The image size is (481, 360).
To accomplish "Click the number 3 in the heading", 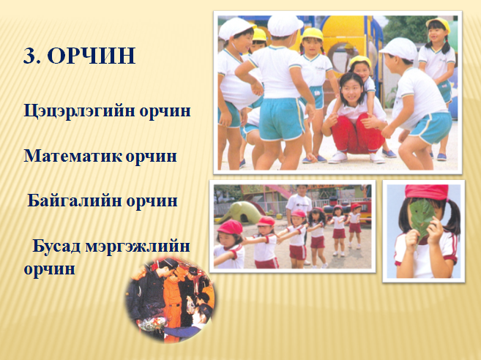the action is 30,56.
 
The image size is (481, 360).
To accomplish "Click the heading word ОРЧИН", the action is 92,56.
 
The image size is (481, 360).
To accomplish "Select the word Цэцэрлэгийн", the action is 79,110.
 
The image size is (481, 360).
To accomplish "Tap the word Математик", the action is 73,156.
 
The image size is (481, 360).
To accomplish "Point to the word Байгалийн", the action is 75,200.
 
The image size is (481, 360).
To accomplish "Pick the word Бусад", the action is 56,246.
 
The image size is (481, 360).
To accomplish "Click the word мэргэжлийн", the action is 138,247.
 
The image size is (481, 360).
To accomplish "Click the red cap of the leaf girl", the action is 427,192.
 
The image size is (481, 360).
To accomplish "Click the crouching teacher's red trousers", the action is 358,134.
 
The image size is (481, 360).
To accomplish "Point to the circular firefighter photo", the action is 171,299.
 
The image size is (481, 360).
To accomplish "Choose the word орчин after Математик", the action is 152,157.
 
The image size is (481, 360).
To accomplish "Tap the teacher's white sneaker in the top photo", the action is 338,157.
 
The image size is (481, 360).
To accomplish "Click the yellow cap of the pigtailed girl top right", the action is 439,23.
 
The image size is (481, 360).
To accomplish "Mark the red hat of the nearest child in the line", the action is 230,228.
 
